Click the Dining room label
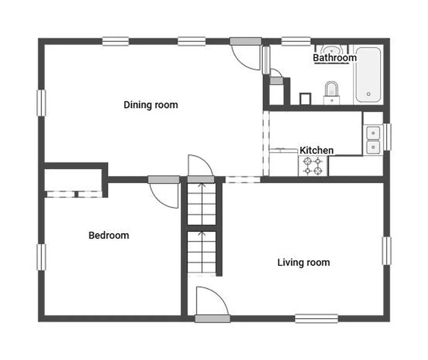pyautogui.click(x=150, y=105)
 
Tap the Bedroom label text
pyautogui.click(x=109, y=235)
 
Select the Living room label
pyautogui.click(x=303, y=263)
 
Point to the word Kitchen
pyautogui.click(x=317, y=150)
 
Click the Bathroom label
pyautogui.click(x=335, y=58)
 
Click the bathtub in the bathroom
pyautogui.click(x=369, y=75)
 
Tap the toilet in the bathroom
pyautogui.click(x=331, y=93)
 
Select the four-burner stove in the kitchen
pyautogui.click(x=313, y=166)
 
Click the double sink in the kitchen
pyautogui.click(x=373, y=140)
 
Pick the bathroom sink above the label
pyautogui.click(x=331, y=50)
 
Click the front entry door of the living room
pyautogui.click(x=212, y=304)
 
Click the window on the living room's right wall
pyautogui.click(x=387, y=251)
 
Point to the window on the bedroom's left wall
pyautogui.click(x=41, y=257)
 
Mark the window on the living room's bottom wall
pyautogui.click(x=317, y=319)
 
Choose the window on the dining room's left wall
pyautogui.click(x=41, y=103)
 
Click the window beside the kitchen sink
pyautogui.click(x=387, y=137)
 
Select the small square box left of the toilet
pyautogui.click(x=305, y=99)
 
